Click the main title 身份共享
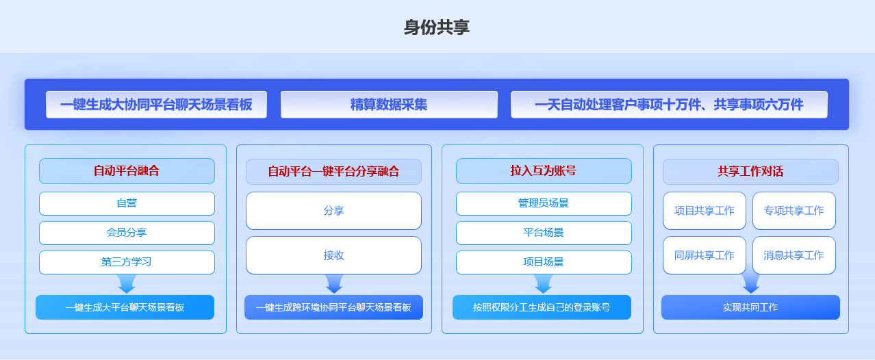[436, 27]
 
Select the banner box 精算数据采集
[389, 105]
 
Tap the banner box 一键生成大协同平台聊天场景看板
[156, 105]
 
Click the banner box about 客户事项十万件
[669, 105]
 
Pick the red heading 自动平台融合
[127, 171]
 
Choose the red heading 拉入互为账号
[544, 171]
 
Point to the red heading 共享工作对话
[750, 171]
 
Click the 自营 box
[127, 203]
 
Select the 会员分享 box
[127, 233]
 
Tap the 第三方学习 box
[127, 262]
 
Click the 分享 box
[333, 211]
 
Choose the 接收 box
[333, 255]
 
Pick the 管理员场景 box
[544, 203]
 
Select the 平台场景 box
[544, 233]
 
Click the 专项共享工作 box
[794, 211]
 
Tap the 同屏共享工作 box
[705, 255]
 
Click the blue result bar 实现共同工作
[750, 307]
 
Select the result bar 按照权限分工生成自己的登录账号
[542, 307]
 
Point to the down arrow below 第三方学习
[127, 284]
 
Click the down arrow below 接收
[334, 284]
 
